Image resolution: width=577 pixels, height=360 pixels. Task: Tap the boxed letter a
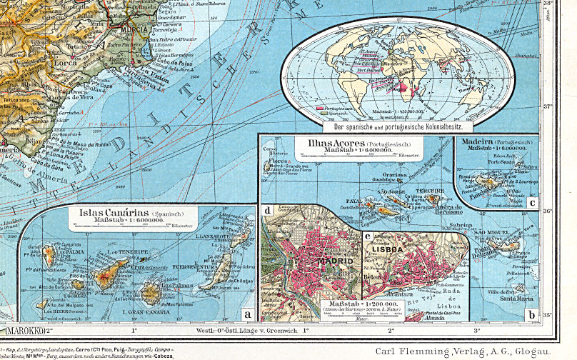pyautogui.click(x=247, y=314)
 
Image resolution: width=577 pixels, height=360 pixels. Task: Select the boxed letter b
pyautogui.click(x=531, y=314)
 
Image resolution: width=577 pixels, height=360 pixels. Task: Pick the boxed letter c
pyautogui.click(x=532, y=202)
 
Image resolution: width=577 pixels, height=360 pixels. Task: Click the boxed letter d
pyautogui.click(x=267, y=210)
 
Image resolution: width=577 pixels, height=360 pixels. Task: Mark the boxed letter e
pyautogui.click(x=367, y=236)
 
